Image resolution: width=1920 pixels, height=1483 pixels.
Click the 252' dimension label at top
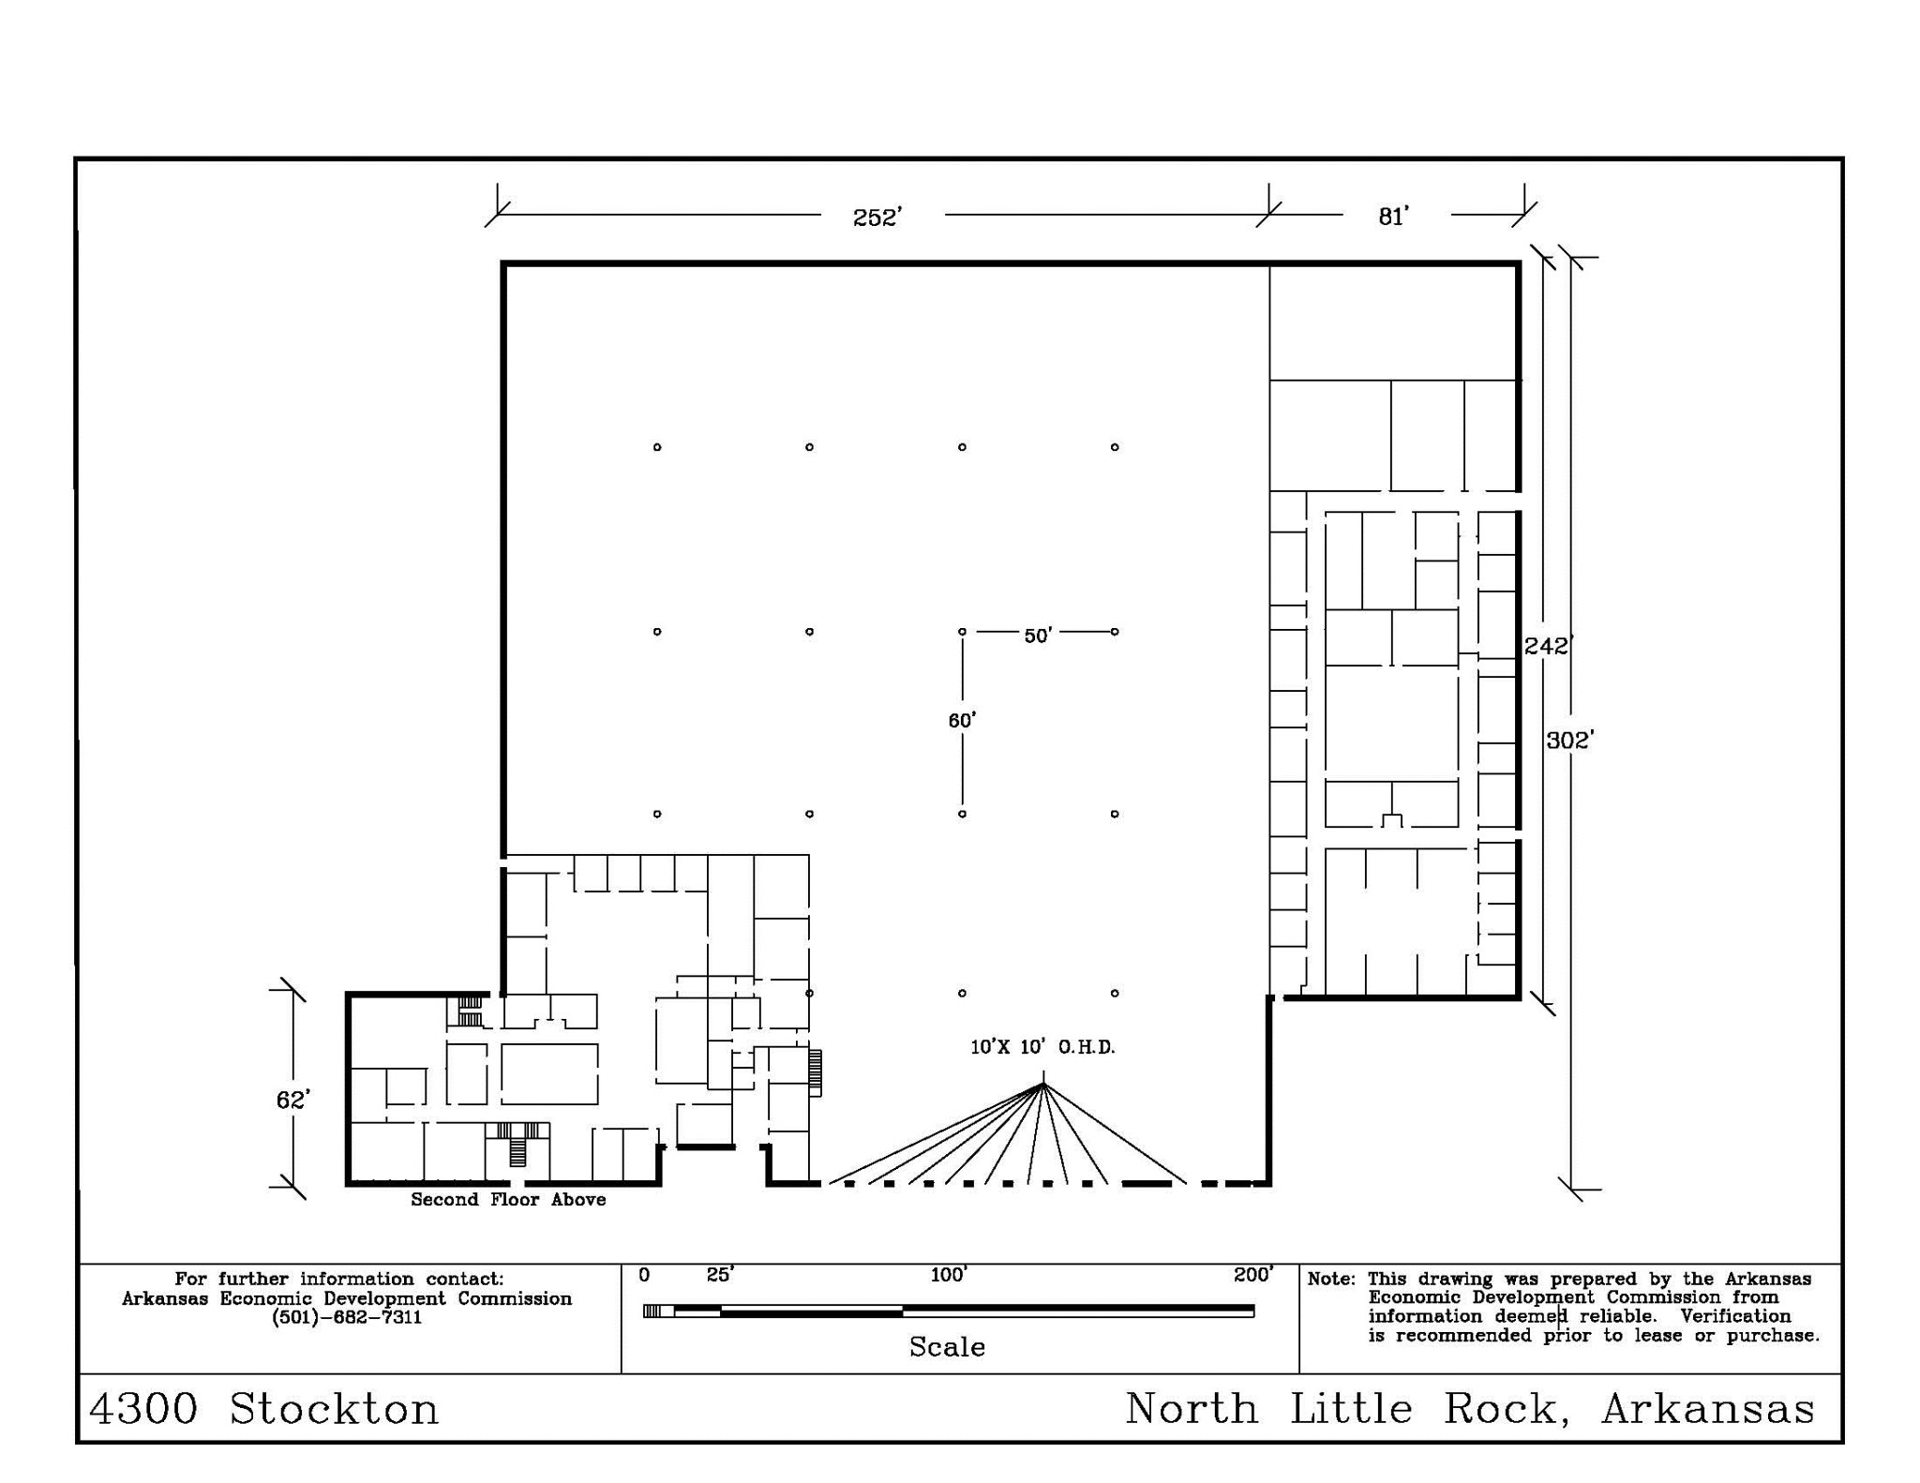(877, 217)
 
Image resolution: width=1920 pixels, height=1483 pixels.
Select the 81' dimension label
(1394, 217)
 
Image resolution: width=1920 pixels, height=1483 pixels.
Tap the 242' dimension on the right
(1548, 646)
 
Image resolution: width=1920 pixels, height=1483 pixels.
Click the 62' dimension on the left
(292, 1100)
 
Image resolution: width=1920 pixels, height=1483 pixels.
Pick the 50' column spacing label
(1038, 636)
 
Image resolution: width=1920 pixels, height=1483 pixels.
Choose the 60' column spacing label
(962, 720)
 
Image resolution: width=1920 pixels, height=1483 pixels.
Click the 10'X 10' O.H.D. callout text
(1042, 1047)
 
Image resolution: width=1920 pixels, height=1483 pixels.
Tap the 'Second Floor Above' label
(508, 1199)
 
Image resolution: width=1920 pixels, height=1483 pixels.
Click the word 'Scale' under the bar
(947, 1347)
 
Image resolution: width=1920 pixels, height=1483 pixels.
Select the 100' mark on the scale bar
(949, 1275)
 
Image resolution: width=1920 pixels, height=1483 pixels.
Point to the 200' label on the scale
(1253, 1275)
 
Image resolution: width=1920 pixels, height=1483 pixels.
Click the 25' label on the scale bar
(720, 1275)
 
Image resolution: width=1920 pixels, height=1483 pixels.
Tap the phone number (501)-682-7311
(347, 1317)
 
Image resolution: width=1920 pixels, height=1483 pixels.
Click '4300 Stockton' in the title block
(264, 1409)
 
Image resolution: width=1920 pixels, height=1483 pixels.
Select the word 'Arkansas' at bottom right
(1708, 1409)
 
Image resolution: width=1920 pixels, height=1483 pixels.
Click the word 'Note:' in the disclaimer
(1331, 1279)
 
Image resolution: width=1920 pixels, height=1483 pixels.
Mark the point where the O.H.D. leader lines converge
(1042, 1085)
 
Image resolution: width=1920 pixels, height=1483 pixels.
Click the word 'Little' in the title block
(1351, 1409)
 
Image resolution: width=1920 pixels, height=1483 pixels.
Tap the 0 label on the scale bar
(644, 1275)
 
